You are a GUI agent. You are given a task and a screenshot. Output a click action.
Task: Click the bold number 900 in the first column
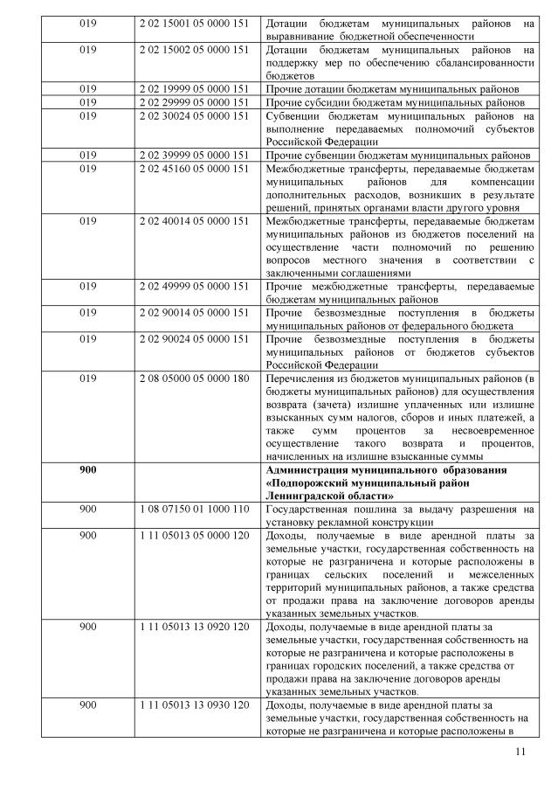[87, 470]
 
